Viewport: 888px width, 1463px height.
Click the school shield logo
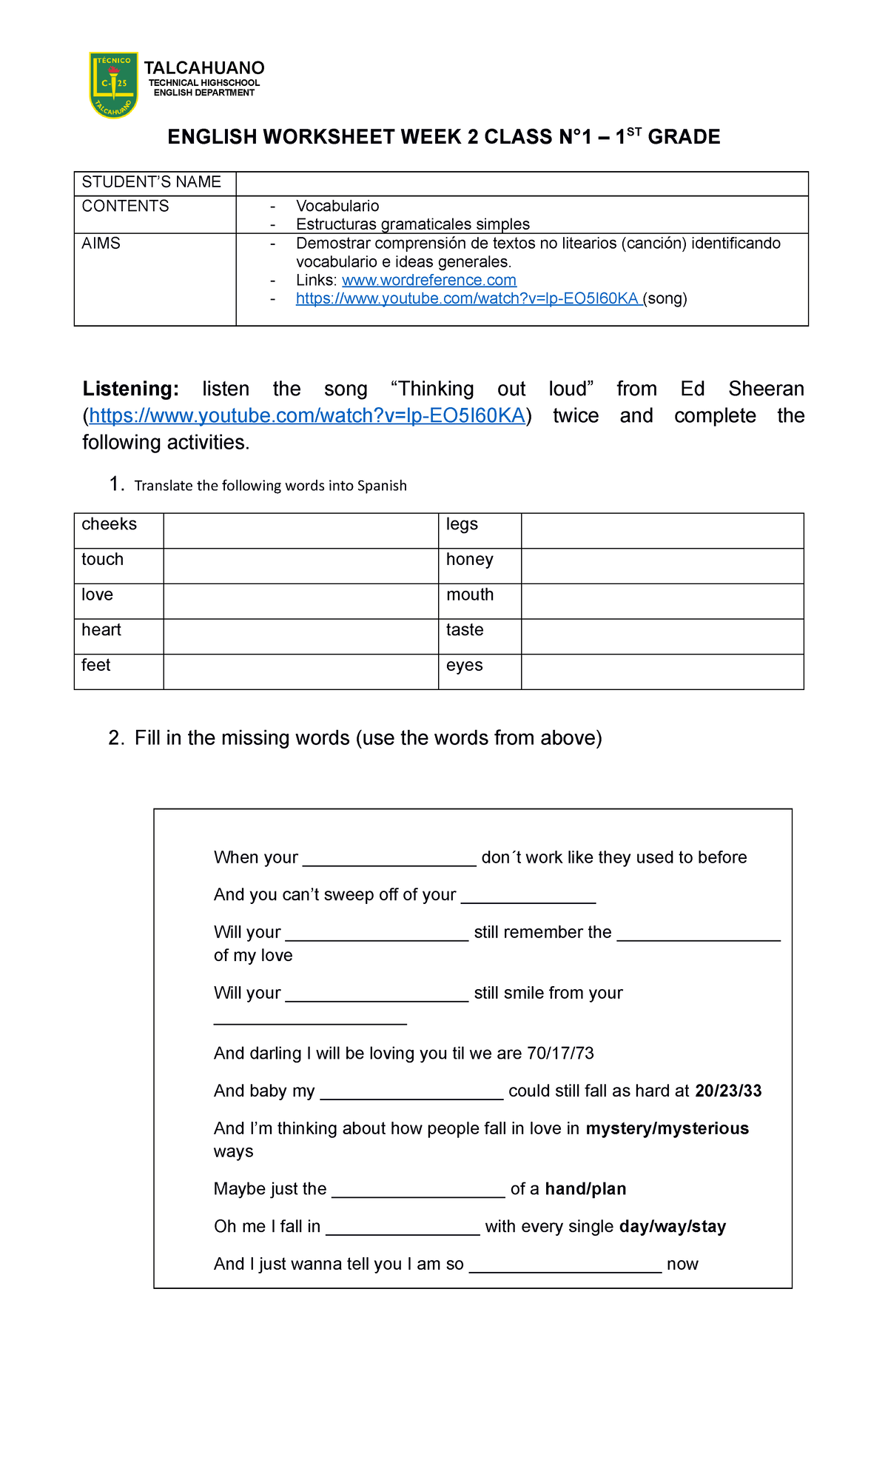tap(113, 84)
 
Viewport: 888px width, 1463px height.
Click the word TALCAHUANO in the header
tap(203, 68)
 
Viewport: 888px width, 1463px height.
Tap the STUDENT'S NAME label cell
tap(152, 182)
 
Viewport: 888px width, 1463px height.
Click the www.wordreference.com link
tap(428, 280)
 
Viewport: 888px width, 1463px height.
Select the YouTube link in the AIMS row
tap(468, 298)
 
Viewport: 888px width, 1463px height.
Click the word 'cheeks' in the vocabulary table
tap(110, 524)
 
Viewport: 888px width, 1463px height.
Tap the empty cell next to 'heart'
tap(300, 636)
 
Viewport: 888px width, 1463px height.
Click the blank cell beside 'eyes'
tap(662, 672)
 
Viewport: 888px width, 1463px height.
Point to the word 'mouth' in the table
tap(469, 595)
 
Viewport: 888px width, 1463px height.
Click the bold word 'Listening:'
tap(130, 389)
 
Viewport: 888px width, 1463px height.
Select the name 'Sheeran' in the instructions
tap(765, 389)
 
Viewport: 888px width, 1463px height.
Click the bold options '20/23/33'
tap(728, 1091)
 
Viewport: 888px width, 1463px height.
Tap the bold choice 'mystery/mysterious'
tap(667, 1128)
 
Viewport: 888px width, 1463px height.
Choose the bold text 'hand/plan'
tap(585, 1189)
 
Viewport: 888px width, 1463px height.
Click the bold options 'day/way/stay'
tap(672, 1227)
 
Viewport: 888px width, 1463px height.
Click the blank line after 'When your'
tap(389, 859)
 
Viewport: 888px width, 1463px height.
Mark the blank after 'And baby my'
tap(411, 1093)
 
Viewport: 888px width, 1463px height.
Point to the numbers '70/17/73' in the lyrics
tap(560, 1054)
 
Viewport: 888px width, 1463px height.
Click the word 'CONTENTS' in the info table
tap(125, 207)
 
